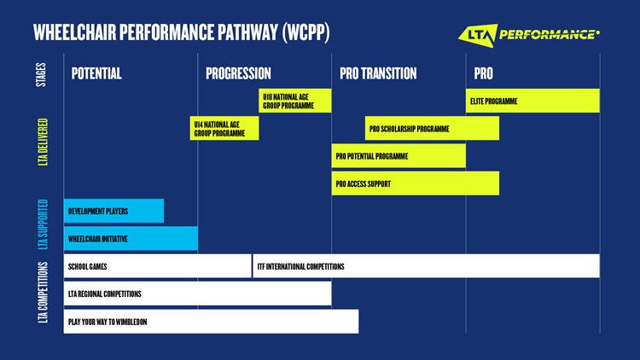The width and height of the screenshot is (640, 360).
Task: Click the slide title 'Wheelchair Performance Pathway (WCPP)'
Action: [181, 33]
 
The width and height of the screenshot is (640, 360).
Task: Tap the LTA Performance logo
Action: [529, 34]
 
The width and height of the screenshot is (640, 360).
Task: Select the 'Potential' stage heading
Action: [96, 73]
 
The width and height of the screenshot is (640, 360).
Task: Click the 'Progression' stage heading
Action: [238, 73]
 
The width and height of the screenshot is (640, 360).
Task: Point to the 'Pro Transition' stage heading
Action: [378, 73]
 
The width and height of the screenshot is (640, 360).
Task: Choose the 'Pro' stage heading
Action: [483, 73]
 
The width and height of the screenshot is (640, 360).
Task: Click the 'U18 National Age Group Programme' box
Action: [295, 101]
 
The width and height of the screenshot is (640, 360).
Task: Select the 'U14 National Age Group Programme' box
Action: [224, 128]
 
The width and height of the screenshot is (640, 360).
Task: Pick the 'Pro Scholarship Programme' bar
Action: [432, 129]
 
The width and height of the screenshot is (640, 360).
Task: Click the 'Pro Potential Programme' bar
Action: [399, 156]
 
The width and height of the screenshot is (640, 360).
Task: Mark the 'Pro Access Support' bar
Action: [416, 183]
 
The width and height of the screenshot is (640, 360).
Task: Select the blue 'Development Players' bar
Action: [113, 211]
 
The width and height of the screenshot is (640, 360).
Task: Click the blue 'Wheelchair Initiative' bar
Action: [131, 238]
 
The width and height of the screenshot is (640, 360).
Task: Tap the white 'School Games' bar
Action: [157, 266]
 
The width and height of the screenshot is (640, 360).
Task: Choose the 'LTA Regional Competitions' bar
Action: [197, 293]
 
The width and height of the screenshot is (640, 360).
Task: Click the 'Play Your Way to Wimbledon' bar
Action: [211, 321]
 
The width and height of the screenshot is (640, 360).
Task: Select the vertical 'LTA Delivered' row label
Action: [43, 142]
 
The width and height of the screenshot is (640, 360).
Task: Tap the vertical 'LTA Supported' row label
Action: [43, 224]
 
